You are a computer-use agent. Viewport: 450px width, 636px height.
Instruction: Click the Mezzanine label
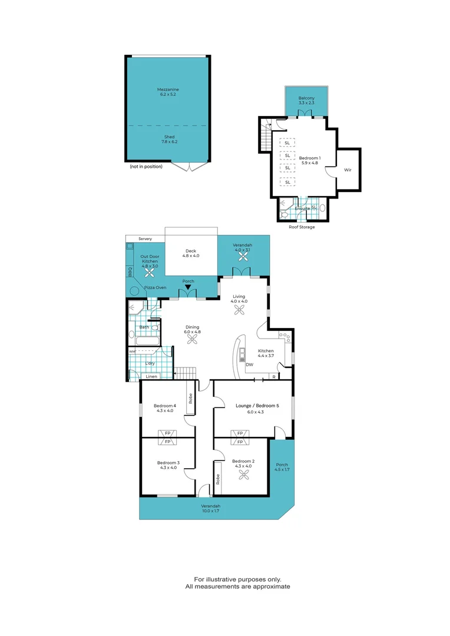168,90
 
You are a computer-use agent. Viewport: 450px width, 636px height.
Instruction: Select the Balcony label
306,98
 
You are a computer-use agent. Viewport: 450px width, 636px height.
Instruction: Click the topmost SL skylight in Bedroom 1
287,143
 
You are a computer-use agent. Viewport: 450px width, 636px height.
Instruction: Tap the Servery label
145,238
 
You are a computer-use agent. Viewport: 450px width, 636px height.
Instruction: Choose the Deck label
191,251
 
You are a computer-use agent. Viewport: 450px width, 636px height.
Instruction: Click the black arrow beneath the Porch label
188,287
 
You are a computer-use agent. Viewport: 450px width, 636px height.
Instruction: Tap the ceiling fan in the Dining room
192,338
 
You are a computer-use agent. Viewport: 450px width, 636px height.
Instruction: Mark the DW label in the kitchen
250,365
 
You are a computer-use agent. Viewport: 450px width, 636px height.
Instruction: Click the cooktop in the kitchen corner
285,338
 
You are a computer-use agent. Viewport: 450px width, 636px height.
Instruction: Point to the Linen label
151,376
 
